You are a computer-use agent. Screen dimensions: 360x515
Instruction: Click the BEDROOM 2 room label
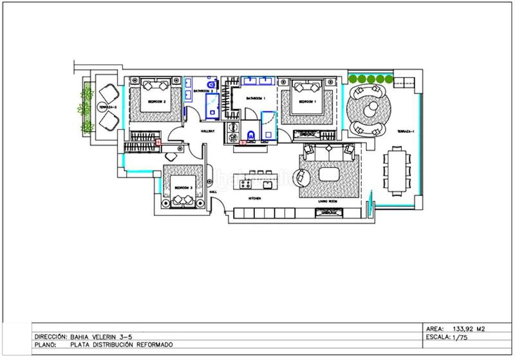tap(157, 102)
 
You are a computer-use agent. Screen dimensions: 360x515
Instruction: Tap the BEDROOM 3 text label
tap(183, 187)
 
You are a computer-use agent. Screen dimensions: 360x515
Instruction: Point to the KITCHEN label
tap(254, 200)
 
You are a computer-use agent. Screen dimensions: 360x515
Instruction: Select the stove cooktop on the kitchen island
tap(245, 184)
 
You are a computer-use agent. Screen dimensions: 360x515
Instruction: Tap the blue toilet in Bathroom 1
tap(250, 135)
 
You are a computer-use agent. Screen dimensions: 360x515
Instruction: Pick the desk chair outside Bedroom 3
tap(172, 155)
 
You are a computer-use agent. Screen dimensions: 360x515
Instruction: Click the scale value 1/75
tap(461, 337)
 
